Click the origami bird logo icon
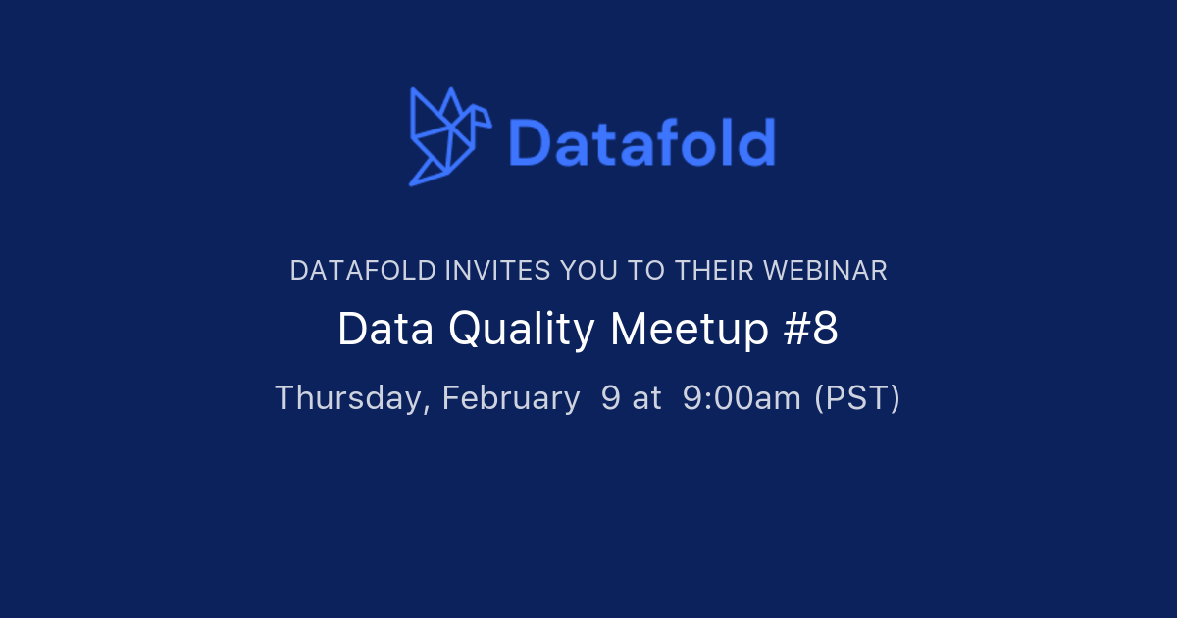450,136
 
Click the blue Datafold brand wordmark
642,142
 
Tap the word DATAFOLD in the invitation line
363,271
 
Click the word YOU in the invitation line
589,271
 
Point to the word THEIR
715,271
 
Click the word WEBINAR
825,271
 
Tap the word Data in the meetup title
385,329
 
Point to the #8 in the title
810,329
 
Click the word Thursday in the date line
352,398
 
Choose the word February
511,399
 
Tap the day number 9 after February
610,398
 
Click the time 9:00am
742,398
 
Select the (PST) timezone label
857,398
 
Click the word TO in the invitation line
646,271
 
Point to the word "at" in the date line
646,399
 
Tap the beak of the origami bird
487,121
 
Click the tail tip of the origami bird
411,184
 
